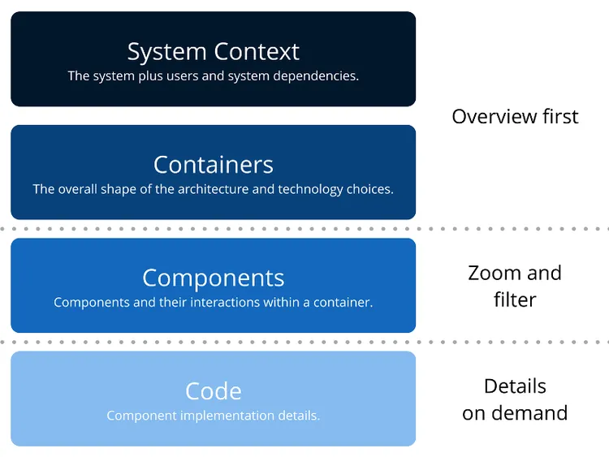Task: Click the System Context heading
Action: tap(213, 52)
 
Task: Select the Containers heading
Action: tap(213, 165)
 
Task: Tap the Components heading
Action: tap(213, 278)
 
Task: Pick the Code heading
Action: tap(213, 390)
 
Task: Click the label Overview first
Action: tap(515, 116)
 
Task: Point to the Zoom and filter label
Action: tap(515, 286)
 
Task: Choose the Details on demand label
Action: tap(515, 399)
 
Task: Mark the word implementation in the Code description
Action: tap(222, 416)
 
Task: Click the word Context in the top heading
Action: tap(256, 52)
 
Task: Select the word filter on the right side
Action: tap(515, 300)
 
